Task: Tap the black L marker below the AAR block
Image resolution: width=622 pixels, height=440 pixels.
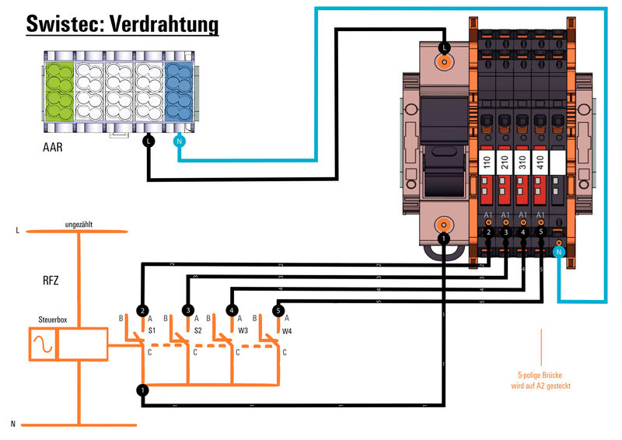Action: coord(149,141)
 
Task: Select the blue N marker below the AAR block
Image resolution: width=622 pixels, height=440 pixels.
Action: coord(179,141)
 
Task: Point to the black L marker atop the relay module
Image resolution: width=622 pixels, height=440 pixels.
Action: coord(444,47)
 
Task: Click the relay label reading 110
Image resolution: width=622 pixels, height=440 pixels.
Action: coord(487,162)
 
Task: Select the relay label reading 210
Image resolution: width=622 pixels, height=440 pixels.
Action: coord(505,162)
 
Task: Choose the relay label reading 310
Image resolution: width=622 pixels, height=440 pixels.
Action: coord(523,162)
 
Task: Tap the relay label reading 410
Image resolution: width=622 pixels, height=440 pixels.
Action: coord(541,162)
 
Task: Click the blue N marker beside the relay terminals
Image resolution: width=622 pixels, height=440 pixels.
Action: coord(559,252)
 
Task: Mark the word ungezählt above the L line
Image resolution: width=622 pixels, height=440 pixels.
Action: coord(79,224)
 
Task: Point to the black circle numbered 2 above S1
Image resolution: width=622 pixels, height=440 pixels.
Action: coord(142,310)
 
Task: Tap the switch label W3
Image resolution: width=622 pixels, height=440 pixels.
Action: coord(243,330)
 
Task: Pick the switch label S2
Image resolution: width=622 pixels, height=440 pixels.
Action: coord(197,330)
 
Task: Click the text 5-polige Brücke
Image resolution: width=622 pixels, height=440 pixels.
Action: coord(541,374)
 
